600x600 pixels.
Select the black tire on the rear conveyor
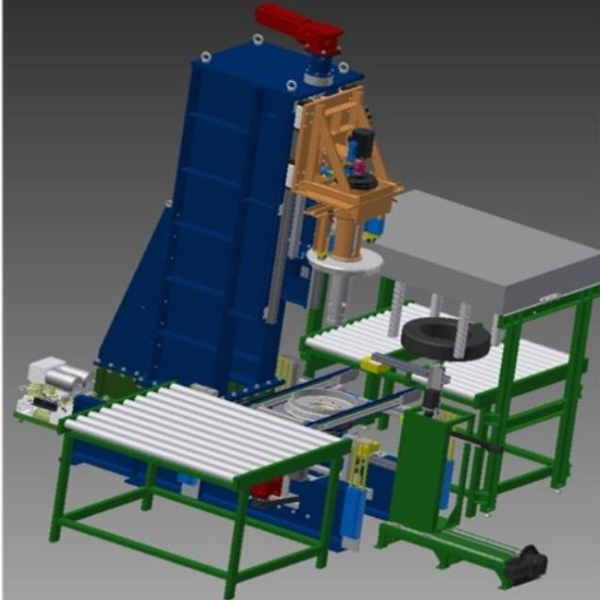coord(445,340)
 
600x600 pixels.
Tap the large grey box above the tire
coord(486,250)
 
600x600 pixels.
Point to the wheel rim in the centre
coord(311,410)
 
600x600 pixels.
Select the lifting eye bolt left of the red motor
coord(258,40)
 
